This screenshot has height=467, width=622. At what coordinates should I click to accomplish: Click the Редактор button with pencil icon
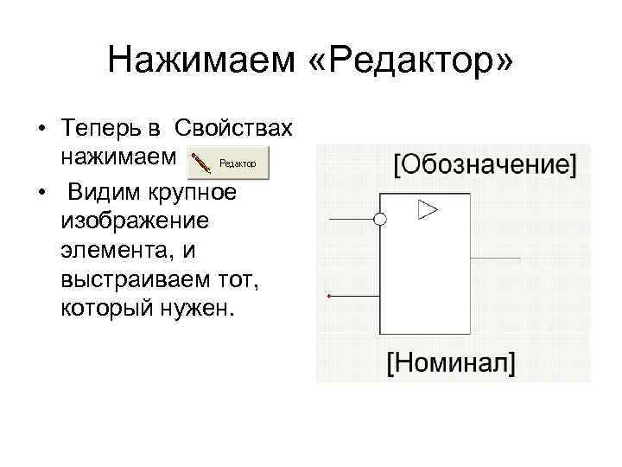point(229,163)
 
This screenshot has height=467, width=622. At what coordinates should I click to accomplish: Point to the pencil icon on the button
point(201,163)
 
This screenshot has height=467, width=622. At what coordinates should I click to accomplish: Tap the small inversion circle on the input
point(379,220)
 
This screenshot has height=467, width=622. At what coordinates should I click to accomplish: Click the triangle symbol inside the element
point(428,209)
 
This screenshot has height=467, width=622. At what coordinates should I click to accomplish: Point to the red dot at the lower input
point(329,297)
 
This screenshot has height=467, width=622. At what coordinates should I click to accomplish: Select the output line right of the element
point(495,259)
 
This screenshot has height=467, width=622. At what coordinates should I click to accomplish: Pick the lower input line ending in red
point(354,297)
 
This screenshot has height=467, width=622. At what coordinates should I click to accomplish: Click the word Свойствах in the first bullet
point(233,131)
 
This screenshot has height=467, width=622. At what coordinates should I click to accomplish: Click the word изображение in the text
point(135,220)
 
